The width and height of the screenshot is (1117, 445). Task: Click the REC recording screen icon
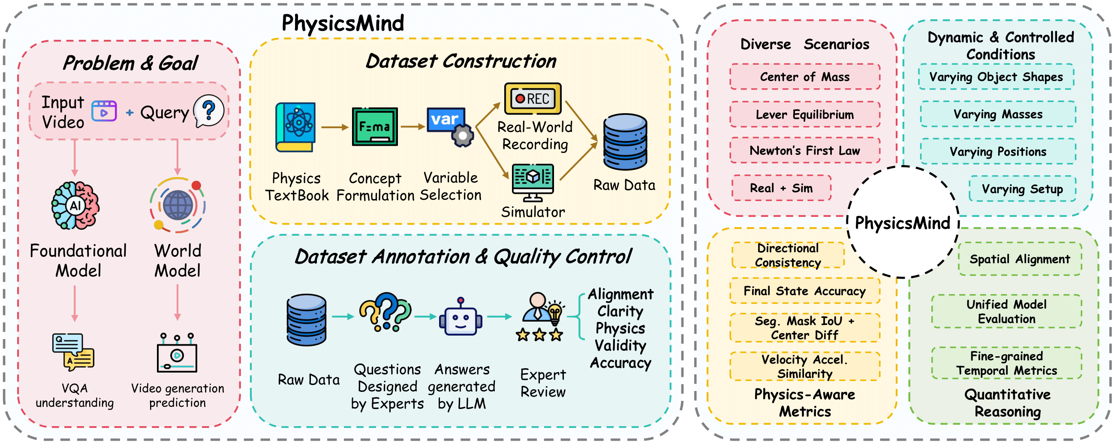coord(533,99)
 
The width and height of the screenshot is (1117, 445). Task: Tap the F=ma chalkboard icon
coord(375,126)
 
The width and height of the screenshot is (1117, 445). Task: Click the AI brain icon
coord(75,206)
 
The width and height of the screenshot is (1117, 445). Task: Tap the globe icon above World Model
coord(178,205)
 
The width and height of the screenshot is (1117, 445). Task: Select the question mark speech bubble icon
coord(208,111)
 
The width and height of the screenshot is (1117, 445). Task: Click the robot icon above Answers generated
coord(461,318)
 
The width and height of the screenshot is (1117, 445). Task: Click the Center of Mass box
coord(805,77)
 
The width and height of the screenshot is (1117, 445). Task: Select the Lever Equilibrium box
coord(805,114)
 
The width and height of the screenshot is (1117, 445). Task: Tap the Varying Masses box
coord(998,114)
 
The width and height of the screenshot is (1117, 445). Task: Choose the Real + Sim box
coord(781,188)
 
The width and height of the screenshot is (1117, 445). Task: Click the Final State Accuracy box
coord(805,291)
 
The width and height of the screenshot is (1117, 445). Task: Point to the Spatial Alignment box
coord(1019,259)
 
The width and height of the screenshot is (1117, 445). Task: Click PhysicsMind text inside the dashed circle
coord(902,223)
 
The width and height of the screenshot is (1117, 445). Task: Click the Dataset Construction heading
coord(461,61)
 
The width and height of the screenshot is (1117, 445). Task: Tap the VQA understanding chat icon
coord(73,352)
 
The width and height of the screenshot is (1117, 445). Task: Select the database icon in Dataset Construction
coord(625,141)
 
